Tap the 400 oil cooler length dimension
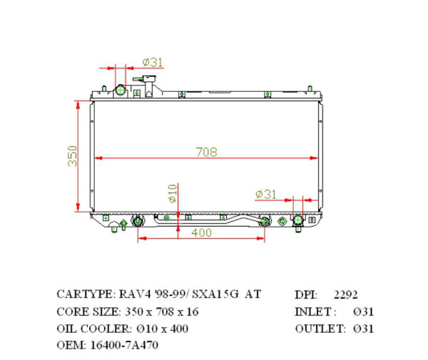point(201,232)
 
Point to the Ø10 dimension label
point(172,192)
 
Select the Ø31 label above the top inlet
point(152,63)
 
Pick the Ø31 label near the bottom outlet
point(265,194)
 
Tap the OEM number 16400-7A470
point(123,346)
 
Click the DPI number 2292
point(346,294)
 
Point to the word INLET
point(313,312)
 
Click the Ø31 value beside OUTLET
point(362,329)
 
